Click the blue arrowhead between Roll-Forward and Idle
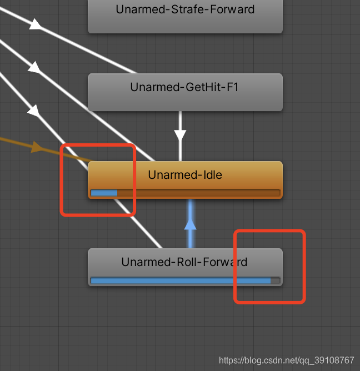tap(191, 224)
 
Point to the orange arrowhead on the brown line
tap(37, 147)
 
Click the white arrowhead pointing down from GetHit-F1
tap(180, 135)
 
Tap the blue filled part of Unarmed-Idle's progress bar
tap(104, 193)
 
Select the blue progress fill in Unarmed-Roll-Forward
tap(180, 280)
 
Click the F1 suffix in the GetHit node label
tap(232, 87)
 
